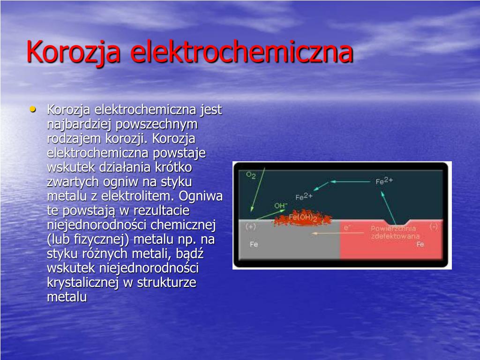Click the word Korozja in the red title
click(73, 52)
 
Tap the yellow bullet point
click(33, 109)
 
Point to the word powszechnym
click(157, 125)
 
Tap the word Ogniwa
click(201, 196)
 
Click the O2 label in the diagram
click(251, 175)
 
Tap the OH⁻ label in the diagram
click(281, 206)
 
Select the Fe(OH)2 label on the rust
click(303, 218)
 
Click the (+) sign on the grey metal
click(251, 227)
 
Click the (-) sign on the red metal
click(434, 227)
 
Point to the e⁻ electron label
click(347, 227)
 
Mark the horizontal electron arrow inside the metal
click(337, 233)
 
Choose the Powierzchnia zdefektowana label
click(395, 232)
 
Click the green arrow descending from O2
click(258, 189)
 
